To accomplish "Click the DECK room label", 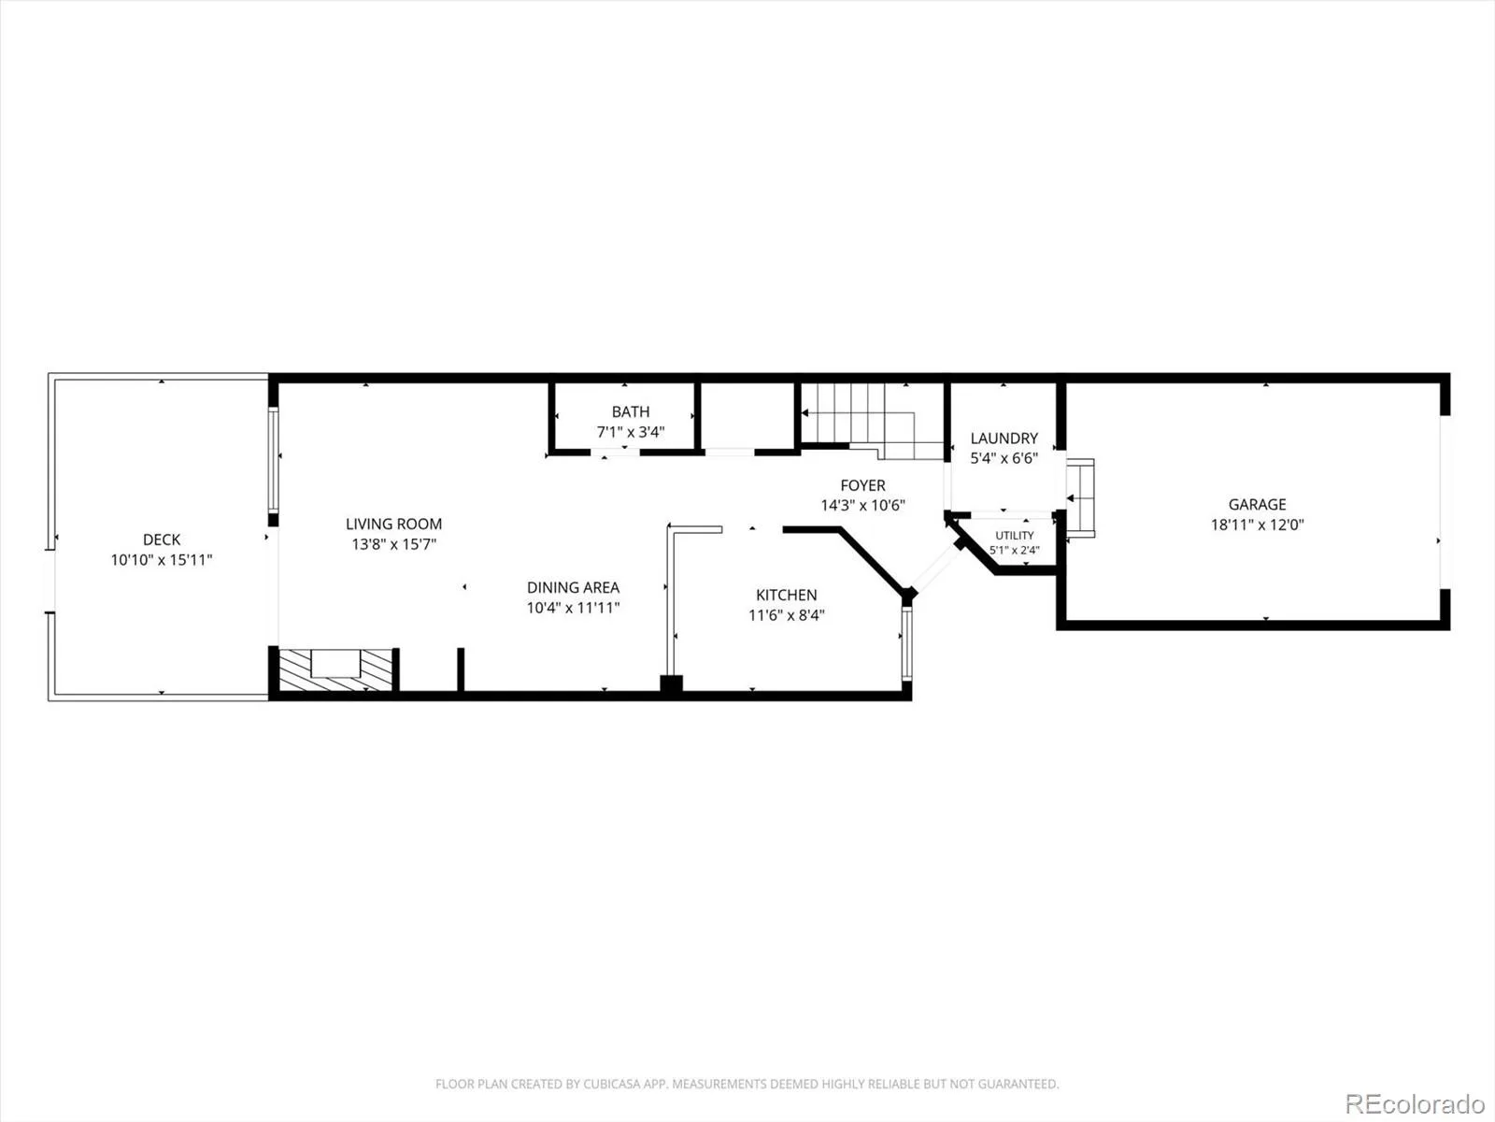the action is [162, 539].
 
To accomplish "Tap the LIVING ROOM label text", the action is [393, 524].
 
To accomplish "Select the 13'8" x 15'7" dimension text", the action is [393, 543].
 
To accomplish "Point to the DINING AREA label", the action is [573, 587].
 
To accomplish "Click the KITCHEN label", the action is [786, 595].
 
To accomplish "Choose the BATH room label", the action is [631, 411].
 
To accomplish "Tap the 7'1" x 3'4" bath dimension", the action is [631, 432].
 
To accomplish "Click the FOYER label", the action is [863, 485].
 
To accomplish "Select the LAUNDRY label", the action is [1004, 438].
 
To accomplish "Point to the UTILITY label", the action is [1014, 536].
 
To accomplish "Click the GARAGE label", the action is [1258, 504].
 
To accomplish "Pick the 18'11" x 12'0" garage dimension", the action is [1258, 525].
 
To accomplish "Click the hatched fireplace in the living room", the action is [335, 669].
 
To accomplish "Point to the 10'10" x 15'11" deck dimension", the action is [162, 560].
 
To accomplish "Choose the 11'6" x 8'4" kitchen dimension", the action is [786, 615].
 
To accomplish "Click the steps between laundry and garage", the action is [1080, 498].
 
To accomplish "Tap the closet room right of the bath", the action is [747, 415].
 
